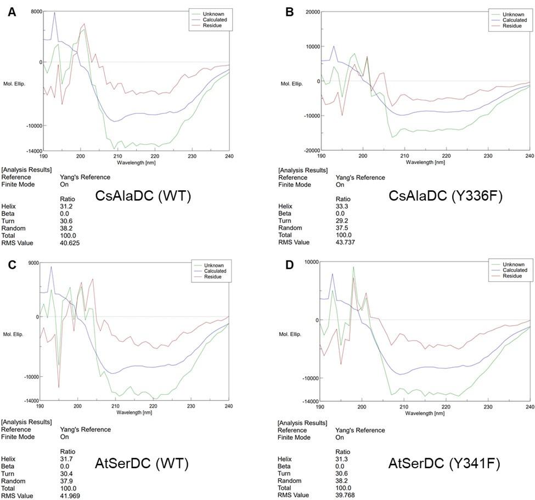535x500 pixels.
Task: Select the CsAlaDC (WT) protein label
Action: click(143, 197)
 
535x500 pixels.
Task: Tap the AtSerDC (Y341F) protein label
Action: click(444, 464)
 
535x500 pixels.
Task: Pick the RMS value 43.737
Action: click(347, 242)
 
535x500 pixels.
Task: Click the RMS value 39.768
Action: click(347, 495)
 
